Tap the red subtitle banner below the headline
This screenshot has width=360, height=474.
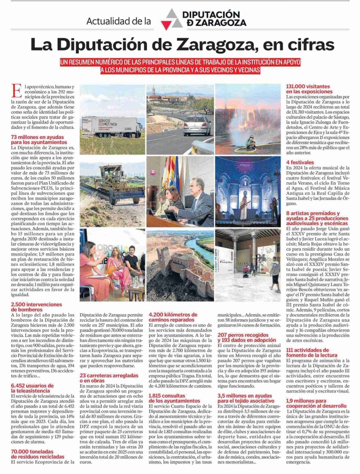[x=180, y=66]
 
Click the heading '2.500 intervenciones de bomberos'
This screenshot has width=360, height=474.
[x=36, y=307]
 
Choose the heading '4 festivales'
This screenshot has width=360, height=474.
[x=300, y=162]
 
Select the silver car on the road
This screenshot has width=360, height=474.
[x=197, y=126]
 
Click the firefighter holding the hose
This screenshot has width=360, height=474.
[x=250, y=143]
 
